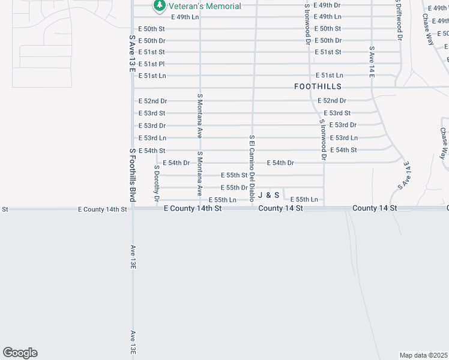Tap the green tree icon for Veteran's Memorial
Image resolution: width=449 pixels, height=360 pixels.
(x=159, y=6)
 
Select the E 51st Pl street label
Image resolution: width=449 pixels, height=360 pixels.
(x=151, y=64)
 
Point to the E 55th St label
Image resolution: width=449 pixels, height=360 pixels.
(x=234, y=175)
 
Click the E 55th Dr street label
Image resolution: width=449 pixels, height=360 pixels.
(x=234, y=188)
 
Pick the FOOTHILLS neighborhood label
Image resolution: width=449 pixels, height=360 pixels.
(x=318, y=86)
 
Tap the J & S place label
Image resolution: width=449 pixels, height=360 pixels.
(x=269, y=195)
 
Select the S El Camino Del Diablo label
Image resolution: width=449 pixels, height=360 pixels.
(x=253, y=168)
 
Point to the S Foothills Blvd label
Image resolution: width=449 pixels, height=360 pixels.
(x=132, y=175)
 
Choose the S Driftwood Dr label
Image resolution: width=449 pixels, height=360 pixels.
(x=399, y=20)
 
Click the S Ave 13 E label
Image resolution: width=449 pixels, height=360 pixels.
(x=132, y=54)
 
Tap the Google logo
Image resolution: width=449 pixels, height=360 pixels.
(x=20, y=353)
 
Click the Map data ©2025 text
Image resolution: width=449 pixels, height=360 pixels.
(x=423, y=355)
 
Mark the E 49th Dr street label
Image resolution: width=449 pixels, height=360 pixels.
(x=327, y=5)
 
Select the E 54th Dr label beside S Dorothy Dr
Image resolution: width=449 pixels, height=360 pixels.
(x=176, y=163)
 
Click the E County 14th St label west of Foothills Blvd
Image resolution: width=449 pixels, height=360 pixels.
(x=103, y=209)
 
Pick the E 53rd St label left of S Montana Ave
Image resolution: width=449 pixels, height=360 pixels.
(x=151, y=113)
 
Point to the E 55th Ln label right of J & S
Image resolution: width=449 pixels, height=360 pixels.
(x=304, y=199)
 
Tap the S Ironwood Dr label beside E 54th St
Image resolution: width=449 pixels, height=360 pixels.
(x=323, y=140)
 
